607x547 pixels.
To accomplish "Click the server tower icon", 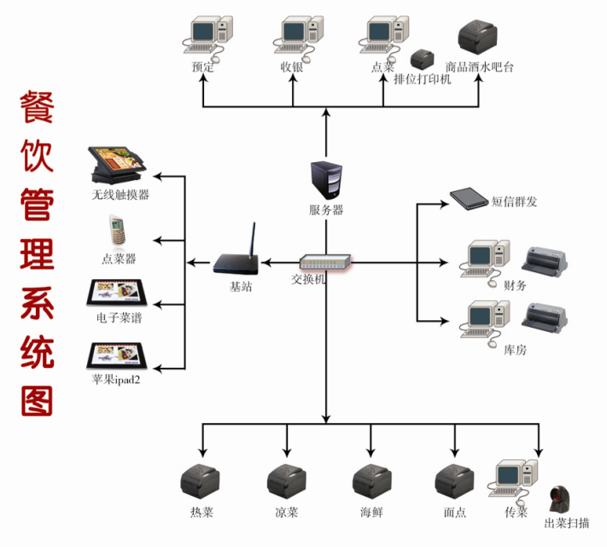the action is coord(326,180).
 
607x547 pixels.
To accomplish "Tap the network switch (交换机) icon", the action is coord(325,262).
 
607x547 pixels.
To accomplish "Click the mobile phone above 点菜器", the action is coord(117,230).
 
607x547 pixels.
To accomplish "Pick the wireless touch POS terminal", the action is coord(116,166).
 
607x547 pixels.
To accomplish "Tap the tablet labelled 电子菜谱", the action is coord(117,293).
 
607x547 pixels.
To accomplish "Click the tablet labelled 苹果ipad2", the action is coord(117,356).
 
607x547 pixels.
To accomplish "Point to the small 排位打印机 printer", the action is coord(422,60).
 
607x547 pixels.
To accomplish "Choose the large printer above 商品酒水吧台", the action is coord(477,38).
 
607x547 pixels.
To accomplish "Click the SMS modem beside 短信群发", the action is coord(469,199).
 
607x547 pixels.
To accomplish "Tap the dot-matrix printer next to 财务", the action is coord(545,261).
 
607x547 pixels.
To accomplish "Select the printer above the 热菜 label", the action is coord(200,482).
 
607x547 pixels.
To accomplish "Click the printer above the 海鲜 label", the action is coord(372,482).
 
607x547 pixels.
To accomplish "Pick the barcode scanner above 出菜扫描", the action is coord(560,499).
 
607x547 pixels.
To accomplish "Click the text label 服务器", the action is coord(326,210).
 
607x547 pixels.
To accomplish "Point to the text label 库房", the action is coord(516,350).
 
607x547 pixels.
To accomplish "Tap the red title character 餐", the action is coord(37,108).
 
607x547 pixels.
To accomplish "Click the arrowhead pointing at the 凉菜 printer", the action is coord(287,451).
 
